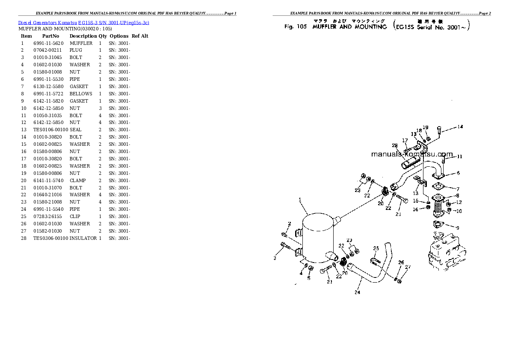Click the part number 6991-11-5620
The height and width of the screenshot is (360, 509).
click(x=48, y=43)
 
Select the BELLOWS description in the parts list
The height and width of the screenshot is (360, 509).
click(x=81, y=94)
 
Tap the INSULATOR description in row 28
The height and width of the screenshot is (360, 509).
click(x=83, y=238)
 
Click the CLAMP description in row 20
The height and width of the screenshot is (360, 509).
click(x=77, y=180)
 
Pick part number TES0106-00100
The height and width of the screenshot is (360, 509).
click(x=50, y=130)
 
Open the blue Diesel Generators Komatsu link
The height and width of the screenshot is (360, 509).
click(x=84, y=22)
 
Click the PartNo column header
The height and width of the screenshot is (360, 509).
click(x=50, y=36)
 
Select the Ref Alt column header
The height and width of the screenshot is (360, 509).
click(x=140, y=36)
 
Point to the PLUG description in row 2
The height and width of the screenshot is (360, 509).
click(x=76, y=50)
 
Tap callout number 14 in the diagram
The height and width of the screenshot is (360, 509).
click(x=460, y=127)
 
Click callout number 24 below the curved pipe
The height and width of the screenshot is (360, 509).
click(x=357, y=292)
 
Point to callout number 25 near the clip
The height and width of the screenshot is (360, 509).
click(x=376, y=248)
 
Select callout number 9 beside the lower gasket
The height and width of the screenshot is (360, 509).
click(x=457, y=228)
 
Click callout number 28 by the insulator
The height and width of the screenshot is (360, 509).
click(x=394, y=146)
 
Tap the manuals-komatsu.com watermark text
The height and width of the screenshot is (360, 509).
click(x=411, y=154)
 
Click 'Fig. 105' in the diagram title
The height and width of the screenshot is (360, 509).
click(x=296, y=27)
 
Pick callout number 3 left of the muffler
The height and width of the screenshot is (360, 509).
click(x=275, y=258)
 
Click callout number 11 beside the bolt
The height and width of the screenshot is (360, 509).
click(x=459, y=157)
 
